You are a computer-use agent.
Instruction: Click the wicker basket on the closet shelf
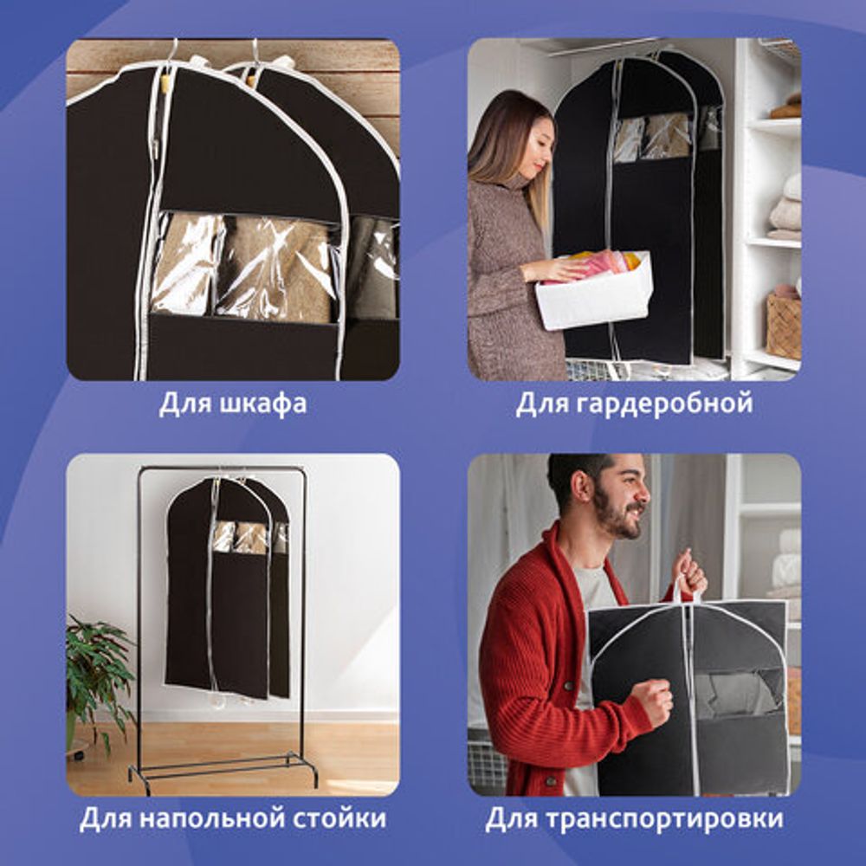[784, 325]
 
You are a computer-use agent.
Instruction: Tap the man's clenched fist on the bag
[651, 700]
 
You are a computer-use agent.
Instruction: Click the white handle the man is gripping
[684, 589]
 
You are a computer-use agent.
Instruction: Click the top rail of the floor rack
[221, 469]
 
